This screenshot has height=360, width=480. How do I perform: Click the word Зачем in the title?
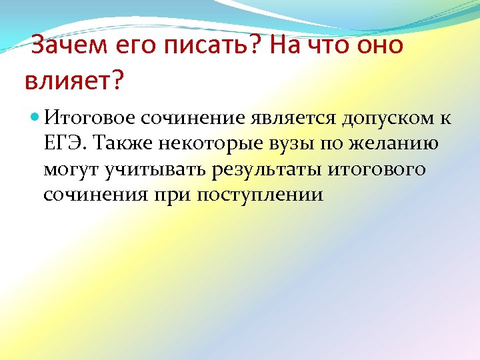61,47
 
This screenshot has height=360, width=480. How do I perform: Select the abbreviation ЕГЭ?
65,143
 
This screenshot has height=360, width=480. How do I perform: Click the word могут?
70,169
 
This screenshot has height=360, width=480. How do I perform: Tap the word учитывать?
155,169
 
